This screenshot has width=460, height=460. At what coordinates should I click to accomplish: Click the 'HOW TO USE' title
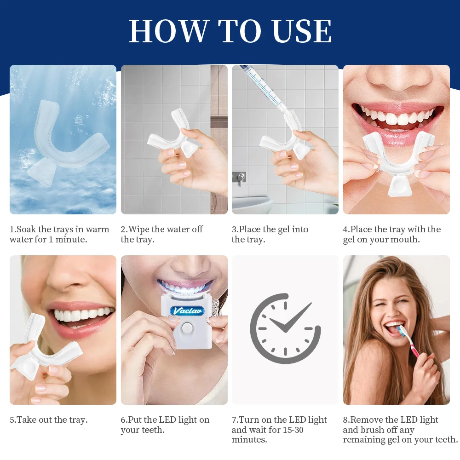[x=230, y=31]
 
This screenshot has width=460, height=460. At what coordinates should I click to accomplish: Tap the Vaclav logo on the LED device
[x=187, y=310]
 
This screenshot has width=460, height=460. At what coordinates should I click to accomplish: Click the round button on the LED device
[x=187, y=328]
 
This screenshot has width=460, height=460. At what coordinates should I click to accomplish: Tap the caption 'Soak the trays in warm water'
[x=59, y=234]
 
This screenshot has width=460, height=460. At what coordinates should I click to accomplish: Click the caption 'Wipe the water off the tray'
[x=161, y=234]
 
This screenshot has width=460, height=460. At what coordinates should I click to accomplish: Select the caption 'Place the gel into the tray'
[x=270, y=234]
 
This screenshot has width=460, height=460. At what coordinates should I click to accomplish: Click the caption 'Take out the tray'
[x=49, y=420]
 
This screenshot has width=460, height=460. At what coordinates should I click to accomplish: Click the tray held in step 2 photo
[x=172, y=136]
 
